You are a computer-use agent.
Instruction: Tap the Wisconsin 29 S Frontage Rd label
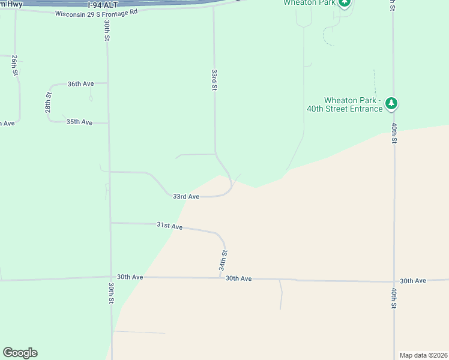coord(96,12)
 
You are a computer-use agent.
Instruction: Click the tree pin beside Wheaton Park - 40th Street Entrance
coord(391,104)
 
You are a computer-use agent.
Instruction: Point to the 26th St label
coord(14,65)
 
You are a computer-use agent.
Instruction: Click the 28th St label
coord(48,103)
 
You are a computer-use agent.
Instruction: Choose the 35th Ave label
coord(79,122)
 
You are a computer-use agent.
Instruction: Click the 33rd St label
coord(214,80)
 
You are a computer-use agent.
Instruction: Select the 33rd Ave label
coord(186,196)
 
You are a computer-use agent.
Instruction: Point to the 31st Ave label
coord(169,226)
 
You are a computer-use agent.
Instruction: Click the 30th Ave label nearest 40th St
coord(413,281)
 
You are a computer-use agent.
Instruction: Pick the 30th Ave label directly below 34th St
coord(238,279)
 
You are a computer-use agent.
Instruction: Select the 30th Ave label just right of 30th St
coord(130,277)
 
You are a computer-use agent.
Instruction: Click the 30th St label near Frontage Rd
coord(106,31)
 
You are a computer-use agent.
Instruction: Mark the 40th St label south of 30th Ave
coord(394,298)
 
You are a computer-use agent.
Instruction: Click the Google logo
coord(20,353)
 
